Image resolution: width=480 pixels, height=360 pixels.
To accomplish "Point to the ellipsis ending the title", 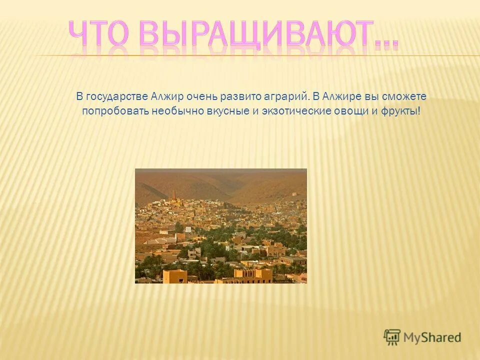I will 386,42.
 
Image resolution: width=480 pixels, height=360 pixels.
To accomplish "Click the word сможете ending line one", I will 404,96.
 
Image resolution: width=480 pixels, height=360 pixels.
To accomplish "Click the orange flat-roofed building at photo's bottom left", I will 175,276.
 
